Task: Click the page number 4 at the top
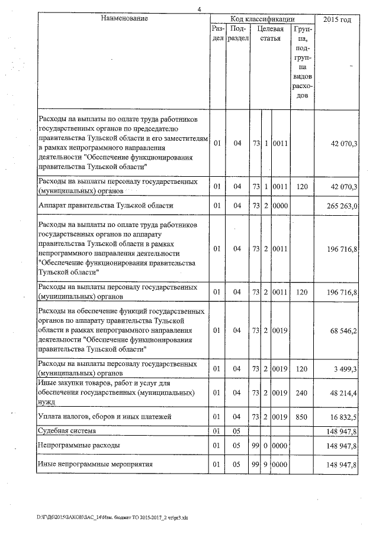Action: (x=200, y=8)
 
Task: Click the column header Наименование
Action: (x=124, y=19)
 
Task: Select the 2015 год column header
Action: (x=338, y=20)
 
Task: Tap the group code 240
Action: (x=302, y=392)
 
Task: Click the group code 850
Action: (x=302, y=417)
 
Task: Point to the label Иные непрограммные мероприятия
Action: (x=95, y=465)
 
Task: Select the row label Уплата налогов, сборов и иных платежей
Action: (x=105, y=417)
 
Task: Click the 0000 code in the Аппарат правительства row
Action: (x=280, y=206)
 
